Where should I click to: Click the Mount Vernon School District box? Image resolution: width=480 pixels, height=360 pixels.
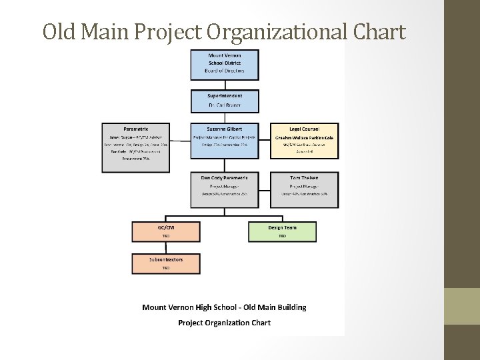tap(225, 63)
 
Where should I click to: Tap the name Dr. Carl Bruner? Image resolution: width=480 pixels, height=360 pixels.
tap(225, 106)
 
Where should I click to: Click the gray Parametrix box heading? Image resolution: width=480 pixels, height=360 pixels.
tap(135, 128)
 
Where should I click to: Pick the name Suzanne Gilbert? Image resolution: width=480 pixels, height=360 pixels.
tap(225, 128)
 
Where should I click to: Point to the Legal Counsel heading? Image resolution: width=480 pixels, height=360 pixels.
tap(304, 128)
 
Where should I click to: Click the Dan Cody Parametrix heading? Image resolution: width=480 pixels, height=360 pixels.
tap(225, 177)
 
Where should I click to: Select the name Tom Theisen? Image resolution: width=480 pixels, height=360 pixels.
tap(304, 177)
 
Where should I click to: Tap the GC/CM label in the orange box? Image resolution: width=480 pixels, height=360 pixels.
tap(166, 227)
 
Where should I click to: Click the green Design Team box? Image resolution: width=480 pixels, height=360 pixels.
tap(282, 231)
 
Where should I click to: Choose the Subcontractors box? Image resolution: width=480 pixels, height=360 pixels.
tap(166, 263)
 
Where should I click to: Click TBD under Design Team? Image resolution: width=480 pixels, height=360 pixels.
tap(282, 236)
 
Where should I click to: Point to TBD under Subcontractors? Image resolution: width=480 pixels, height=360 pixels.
tap(166, 268)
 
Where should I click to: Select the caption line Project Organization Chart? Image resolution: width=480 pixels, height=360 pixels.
tap(224, 323)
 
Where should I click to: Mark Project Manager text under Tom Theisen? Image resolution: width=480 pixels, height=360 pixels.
tap(304, 186)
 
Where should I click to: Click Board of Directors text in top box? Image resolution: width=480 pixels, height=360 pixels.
tap(225, 71)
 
